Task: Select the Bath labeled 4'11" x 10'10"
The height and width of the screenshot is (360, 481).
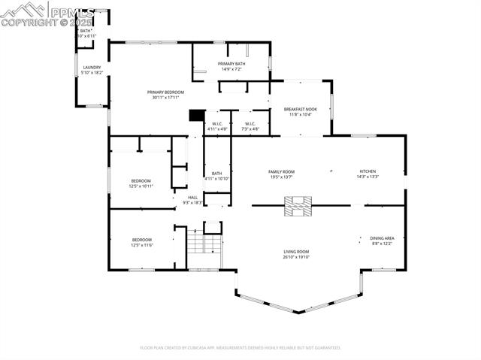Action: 217,176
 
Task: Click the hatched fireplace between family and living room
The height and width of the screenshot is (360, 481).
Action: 296,205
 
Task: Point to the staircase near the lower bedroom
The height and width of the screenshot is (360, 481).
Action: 195,243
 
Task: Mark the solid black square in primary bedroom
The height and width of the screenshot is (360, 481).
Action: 196,115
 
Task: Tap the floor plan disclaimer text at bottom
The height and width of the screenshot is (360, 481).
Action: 240,348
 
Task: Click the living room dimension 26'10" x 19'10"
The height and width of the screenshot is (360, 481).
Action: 296,257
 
